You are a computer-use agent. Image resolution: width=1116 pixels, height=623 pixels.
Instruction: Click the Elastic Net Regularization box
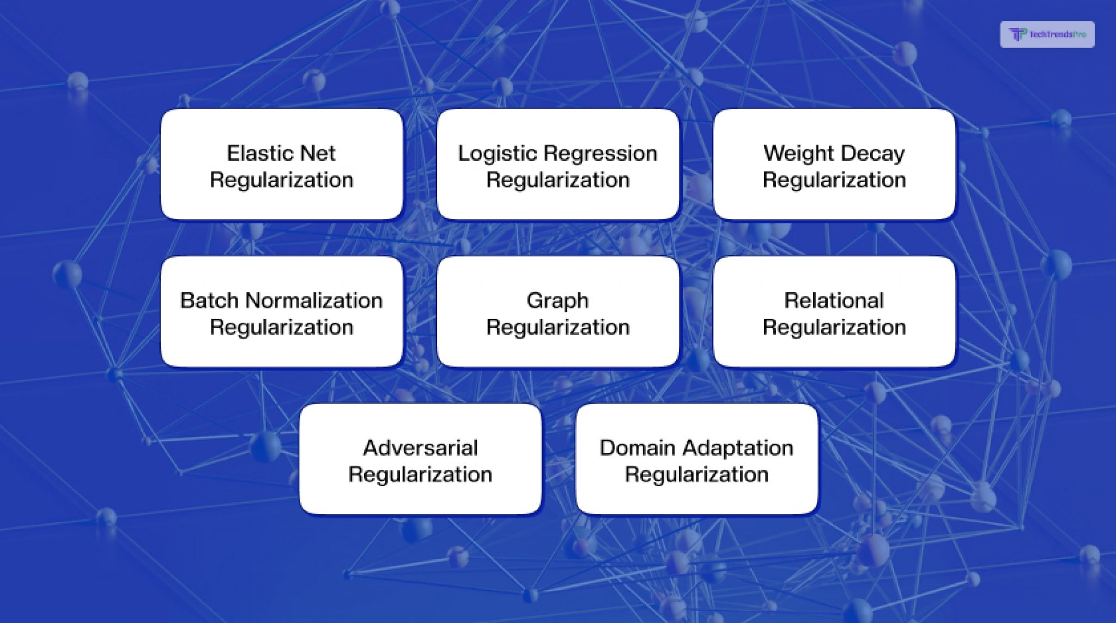coord(281,165)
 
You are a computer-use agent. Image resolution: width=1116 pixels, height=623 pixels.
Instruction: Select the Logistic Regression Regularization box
coord(557,165)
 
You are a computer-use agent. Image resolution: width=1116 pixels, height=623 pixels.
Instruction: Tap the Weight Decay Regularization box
coord(834,165)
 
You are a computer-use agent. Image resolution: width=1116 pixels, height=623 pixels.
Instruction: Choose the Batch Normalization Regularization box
coord(281,312)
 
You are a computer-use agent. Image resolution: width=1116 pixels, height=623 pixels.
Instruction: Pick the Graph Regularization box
coord(557,312)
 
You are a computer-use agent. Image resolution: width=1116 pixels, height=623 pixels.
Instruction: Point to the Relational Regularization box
coord(834,312)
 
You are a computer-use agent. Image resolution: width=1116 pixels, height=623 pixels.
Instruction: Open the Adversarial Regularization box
coord(420,459)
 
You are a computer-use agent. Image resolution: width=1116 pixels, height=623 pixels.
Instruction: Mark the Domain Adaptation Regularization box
coord(696,459)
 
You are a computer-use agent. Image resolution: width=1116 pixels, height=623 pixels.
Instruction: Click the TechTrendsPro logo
coord(1047,34)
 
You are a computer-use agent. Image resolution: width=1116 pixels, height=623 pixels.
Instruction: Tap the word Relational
coord(834,300)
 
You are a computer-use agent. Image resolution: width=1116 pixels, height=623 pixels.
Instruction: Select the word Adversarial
coord(420,447)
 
